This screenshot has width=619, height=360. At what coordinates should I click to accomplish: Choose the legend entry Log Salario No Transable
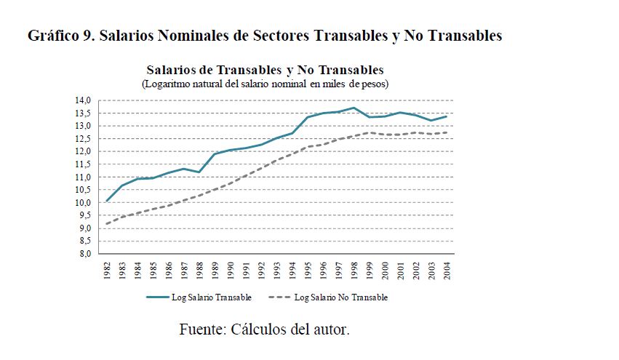(341, 297)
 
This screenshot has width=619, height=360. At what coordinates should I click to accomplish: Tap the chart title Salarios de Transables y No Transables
(265, 71)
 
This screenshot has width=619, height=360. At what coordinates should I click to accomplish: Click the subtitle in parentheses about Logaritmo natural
(265, 84)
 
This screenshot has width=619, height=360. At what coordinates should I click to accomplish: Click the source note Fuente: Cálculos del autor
(265, 329)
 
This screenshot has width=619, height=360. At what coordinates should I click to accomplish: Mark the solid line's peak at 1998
(354, 108)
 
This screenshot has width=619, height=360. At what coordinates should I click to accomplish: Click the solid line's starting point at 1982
(107, 201)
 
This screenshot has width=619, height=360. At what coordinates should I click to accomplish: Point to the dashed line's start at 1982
(107, 224)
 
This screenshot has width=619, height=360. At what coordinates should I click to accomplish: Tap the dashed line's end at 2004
(446, 132)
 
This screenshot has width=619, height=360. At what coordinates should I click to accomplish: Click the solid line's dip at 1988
(199, 172)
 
